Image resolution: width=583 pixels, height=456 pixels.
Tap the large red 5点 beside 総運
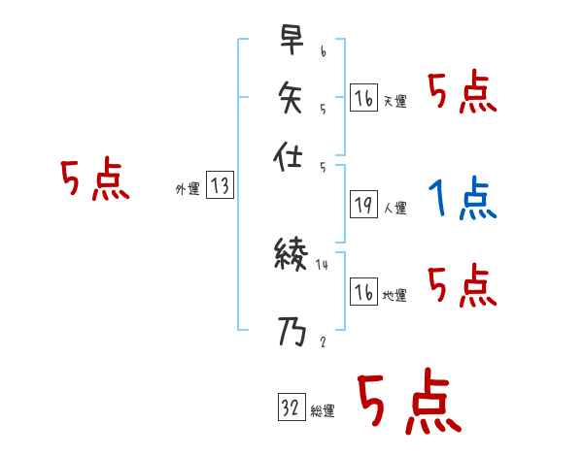pyautogui.click(x=407, y=403)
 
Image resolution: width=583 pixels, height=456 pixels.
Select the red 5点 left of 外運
pyautogui.click(x=94, y=179)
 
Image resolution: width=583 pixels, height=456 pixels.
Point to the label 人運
pyautogui.click(x=395, y=208)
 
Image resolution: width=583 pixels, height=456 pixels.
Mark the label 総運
pyautogui.click(x=323, y=411)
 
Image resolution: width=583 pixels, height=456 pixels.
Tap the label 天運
pyautogui.click(x=395, y=101)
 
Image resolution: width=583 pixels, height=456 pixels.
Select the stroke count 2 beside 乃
pyautogui.click(x=322, y=342)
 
